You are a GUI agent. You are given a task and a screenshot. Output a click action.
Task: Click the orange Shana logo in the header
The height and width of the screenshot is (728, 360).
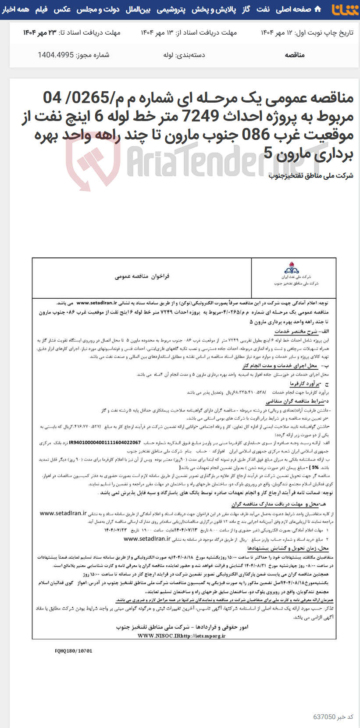pyautogui.click(x=345, y=10)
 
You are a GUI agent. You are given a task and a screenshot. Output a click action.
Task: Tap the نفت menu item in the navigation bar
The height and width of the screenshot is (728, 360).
pyautogui.click(x=263, y=9)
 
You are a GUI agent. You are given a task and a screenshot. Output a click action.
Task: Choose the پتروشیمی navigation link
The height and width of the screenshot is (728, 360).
pyautogui.click(x=171, y=9)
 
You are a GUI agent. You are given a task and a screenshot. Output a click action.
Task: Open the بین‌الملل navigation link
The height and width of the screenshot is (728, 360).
pyautogui.click(x=138, y=9)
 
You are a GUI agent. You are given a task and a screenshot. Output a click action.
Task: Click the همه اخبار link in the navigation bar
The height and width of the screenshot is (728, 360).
pyautogui.click(x=16, y=9)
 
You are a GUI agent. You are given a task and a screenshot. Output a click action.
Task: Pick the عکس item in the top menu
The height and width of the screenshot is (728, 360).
pyautogui.click(x=62, y=9)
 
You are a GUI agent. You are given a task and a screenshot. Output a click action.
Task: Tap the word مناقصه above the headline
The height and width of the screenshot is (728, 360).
pyautogui.click(x=295, y=55)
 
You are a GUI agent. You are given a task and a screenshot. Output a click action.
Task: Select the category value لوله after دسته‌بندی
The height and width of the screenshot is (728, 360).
pyautogui.click(x=168, y=55)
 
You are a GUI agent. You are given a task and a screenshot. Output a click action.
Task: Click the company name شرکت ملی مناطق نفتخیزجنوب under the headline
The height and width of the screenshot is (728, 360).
pyautogui.click(x=311, y=175)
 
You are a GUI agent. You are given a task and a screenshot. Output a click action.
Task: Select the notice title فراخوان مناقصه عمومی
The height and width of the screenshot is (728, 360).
pyautogui.click(x=142, y=276)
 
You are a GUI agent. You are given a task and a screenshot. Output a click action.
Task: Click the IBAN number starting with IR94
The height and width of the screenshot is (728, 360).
pyautogui.click(x=105, y=443)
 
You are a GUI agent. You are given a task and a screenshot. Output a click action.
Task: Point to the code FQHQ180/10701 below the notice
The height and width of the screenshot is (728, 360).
pyautogui.click(x=74, y=651)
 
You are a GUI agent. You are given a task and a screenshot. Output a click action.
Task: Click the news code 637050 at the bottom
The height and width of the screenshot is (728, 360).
pyautogui.click(x=324, y=717)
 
